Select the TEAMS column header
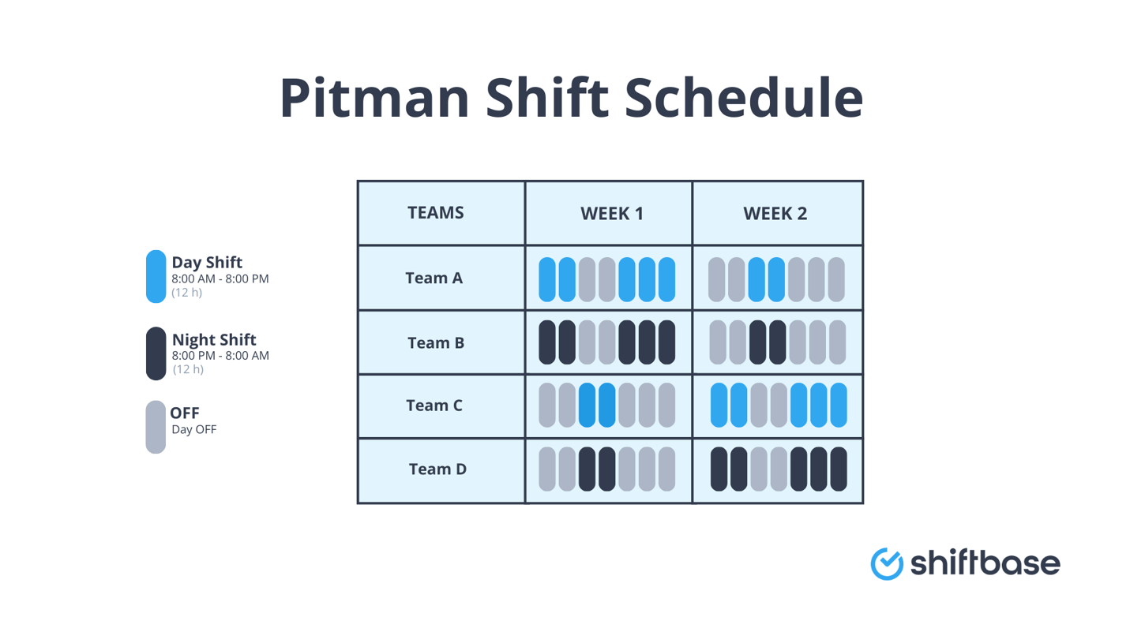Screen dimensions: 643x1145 point(435,212)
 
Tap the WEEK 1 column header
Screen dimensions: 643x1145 point(612,213)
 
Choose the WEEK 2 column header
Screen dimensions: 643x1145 point(775,213)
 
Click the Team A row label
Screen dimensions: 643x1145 point(434,278)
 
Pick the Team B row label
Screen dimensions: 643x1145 point(436,343)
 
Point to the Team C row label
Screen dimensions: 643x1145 point(434,406)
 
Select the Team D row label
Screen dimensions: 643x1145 point(437,469)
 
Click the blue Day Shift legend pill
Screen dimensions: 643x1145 point(156,276)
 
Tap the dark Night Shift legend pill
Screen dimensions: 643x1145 point(156,353)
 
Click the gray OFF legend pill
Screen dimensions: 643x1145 point(156,427)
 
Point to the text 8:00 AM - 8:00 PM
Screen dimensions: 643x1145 point(220,279)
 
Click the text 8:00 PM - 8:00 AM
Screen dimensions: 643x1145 point(220,356)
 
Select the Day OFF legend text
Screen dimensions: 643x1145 point(193,430)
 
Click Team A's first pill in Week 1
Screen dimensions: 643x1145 point(547,279)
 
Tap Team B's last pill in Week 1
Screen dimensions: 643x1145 point(666,342)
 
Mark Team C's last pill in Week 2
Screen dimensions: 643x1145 point(838,405)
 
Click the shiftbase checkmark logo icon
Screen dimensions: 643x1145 point(886,563)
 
